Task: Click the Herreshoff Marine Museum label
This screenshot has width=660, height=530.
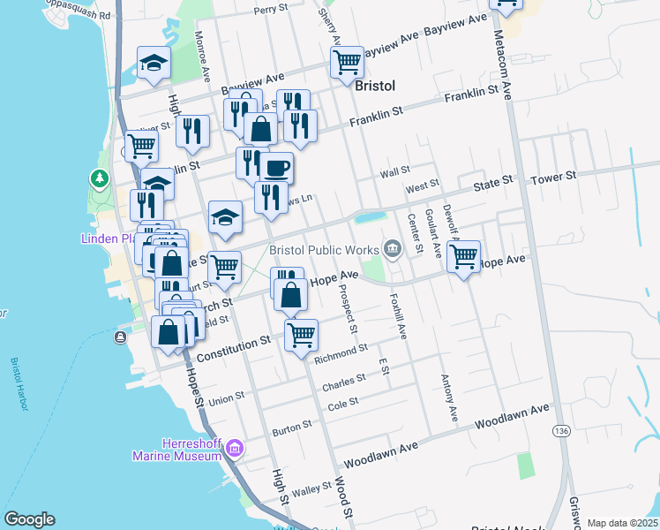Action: pos(176,450)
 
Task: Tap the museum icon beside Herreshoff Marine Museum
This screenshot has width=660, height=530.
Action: pos(234,449)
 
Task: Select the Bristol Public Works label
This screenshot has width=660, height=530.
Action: pos(323,251)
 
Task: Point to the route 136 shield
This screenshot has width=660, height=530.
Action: pos(561,430)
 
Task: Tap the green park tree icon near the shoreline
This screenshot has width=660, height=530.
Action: pos(100,179)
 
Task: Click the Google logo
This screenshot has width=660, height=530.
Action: pos(29,519)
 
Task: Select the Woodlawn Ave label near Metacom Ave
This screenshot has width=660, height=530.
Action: pos(512,415)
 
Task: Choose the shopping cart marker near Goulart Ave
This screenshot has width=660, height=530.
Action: pos(463,257)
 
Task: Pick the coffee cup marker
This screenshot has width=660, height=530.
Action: pos(276,167)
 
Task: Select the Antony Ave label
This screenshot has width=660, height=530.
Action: pos(448,396)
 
